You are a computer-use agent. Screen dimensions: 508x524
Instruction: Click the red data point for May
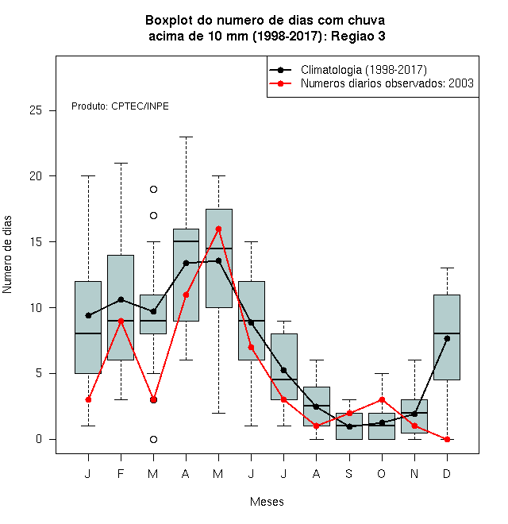[218, 229]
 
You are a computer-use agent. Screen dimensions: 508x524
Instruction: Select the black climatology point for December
[447, 338]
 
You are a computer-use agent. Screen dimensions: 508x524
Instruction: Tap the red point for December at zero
[447, 439]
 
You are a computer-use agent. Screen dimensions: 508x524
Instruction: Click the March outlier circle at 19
[153, 190]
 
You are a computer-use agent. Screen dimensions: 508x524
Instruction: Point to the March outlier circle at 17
[153, 215]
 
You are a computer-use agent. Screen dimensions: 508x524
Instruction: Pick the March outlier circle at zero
[153, 439]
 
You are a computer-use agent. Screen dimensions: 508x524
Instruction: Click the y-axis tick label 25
[36, 110]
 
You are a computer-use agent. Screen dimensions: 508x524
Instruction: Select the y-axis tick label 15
[36, 241]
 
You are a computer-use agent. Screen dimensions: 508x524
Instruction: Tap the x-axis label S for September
[349, 473]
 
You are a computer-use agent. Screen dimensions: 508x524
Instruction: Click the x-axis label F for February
[121, 473]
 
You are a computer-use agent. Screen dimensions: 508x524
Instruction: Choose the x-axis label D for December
[447, 473]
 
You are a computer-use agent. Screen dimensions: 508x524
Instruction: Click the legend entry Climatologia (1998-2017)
[364, 70]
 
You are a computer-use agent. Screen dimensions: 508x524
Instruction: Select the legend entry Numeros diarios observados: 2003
[387, 83]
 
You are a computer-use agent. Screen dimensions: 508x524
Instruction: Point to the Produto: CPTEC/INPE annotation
[120, 106]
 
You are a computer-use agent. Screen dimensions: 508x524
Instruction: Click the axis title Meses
[267, 502]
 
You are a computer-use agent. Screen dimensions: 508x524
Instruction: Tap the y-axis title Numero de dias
[7, 255]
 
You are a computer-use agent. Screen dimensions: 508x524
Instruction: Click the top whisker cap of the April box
[186, 137]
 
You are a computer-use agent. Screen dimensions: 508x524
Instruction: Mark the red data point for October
[382, 399]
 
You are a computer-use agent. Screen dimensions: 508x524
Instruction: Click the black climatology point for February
[121, 299]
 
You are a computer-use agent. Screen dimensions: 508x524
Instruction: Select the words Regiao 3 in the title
[358, 36]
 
